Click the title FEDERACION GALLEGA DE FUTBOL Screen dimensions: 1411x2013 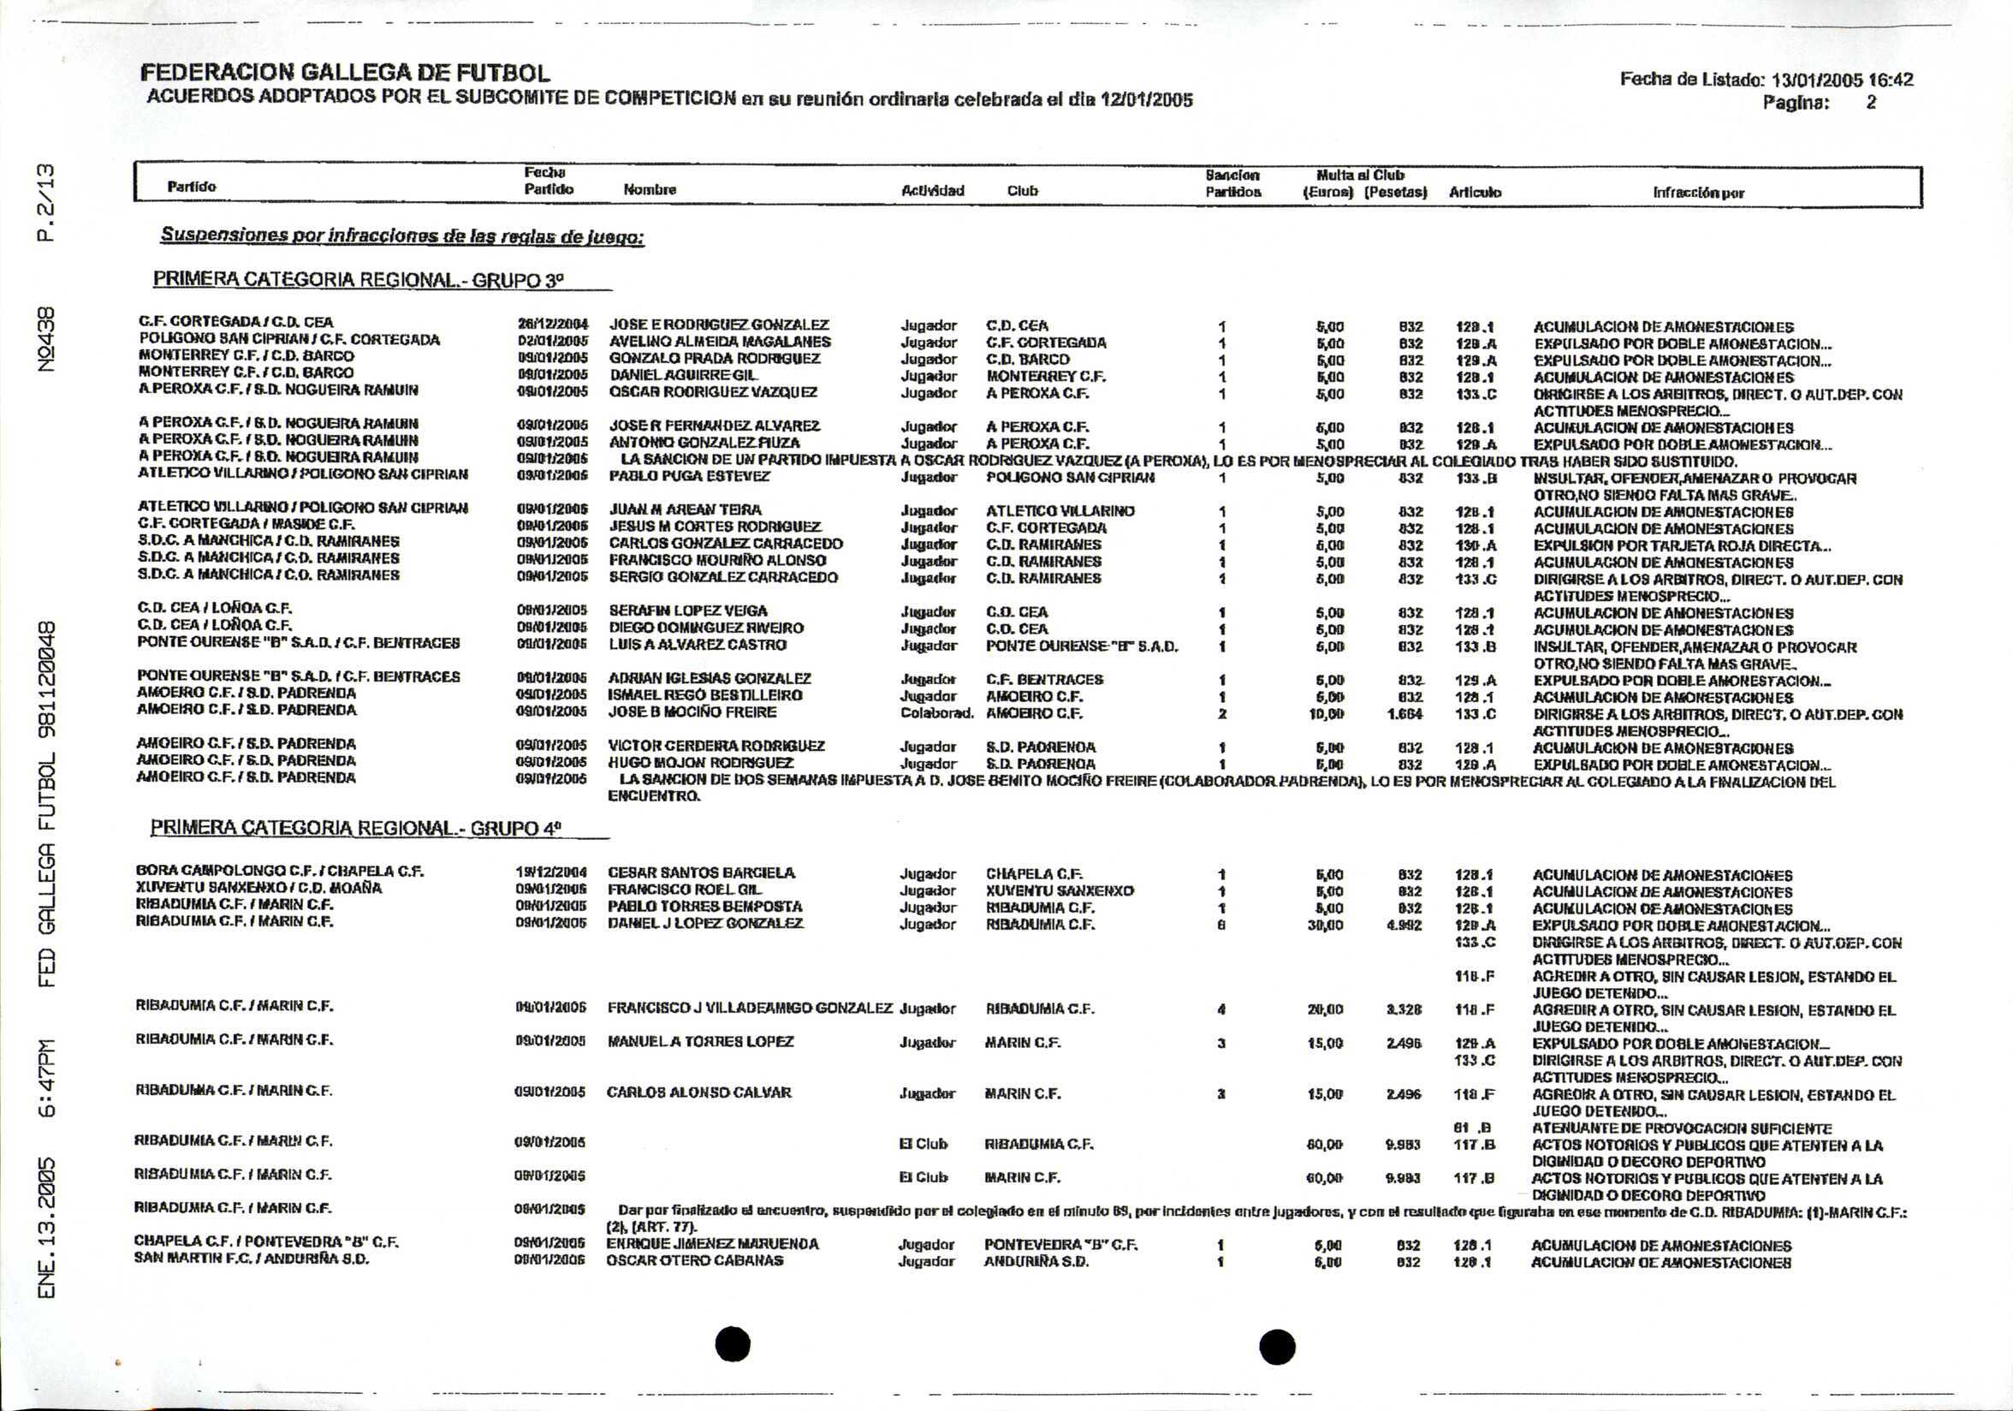[x=346, y=73]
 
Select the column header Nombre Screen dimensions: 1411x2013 [x=650, y=189]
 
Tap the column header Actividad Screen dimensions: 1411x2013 [x=932, y=190]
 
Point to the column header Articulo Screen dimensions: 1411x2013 [x=1475, y=192]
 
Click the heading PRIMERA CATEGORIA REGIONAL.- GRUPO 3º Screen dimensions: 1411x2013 [x=358, y=281]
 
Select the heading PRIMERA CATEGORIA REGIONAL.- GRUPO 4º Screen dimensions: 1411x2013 [x=355, y=828]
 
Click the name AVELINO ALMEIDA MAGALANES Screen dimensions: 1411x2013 [x=720, y=342]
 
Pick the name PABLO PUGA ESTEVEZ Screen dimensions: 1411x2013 [x=689, y=476]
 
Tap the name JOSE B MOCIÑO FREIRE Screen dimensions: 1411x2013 [x=692, y=712]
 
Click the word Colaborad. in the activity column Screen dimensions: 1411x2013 [x=936, y=713]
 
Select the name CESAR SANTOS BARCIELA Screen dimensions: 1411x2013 [x=702, y=872]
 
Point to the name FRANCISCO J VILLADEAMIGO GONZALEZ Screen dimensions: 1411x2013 [x=750, y=1009]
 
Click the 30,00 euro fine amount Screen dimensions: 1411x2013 [x=1325, y=925]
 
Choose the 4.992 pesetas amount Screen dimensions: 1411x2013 [x=1404, y=925]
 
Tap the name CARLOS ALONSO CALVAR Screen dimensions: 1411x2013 [x=698, y=1092]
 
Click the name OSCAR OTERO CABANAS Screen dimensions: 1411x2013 [x=694, y=1261]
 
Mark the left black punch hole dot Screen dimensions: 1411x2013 [x=733, y=1343]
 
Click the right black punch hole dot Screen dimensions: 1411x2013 [x=1277, y=1346]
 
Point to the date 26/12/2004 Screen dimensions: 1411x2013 [x=552, y=324]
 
